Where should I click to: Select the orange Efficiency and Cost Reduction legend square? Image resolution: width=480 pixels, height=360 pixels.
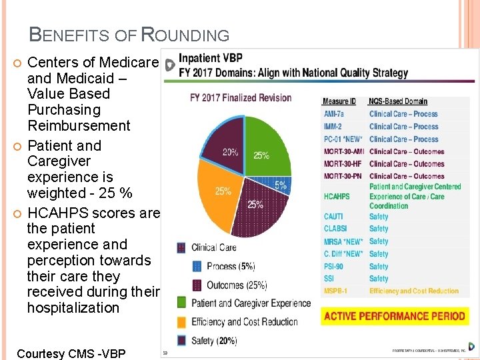[181, 322]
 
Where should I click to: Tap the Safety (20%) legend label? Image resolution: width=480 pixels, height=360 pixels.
[214, 340]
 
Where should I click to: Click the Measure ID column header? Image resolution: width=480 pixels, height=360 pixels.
[339, 101]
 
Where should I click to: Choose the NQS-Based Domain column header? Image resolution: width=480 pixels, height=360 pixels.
[398, 101]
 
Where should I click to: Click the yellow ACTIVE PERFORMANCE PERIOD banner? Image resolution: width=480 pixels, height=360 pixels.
[394, 316]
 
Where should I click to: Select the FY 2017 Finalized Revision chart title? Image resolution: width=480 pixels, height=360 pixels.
[241, 98]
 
